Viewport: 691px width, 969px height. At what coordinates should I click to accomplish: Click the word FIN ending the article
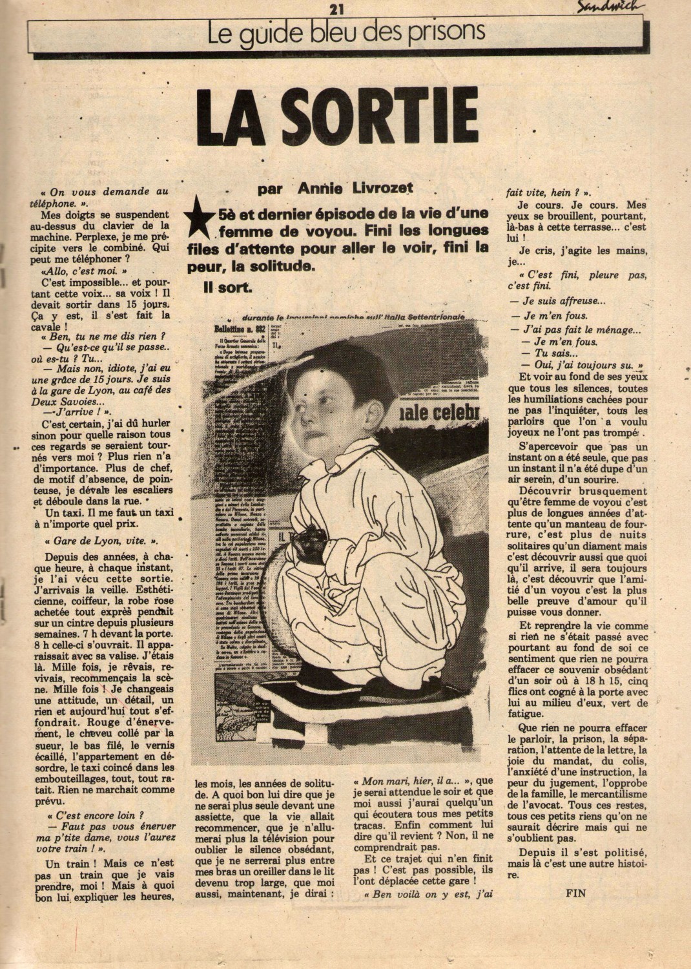(575, 894)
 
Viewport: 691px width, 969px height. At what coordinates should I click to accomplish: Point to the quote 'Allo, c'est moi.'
(83, 272)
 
